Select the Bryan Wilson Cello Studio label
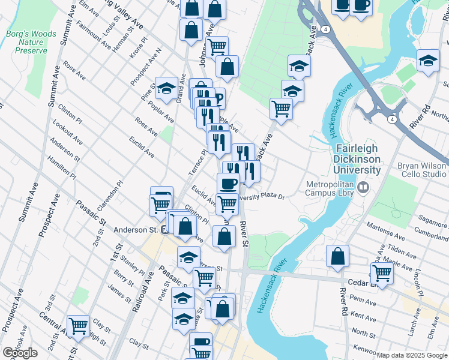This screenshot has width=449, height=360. coord(421,170)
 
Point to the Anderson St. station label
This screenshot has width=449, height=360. coord(135,229)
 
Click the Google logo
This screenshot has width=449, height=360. coord(20,353)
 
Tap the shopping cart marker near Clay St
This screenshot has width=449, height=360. coord(78,326)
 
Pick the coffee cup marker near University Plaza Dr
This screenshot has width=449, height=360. coord(228,183)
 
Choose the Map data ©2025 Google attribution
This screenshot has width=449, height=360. coord(412,355)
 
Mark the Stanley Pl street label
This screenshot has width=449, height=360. coord(133,263)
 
